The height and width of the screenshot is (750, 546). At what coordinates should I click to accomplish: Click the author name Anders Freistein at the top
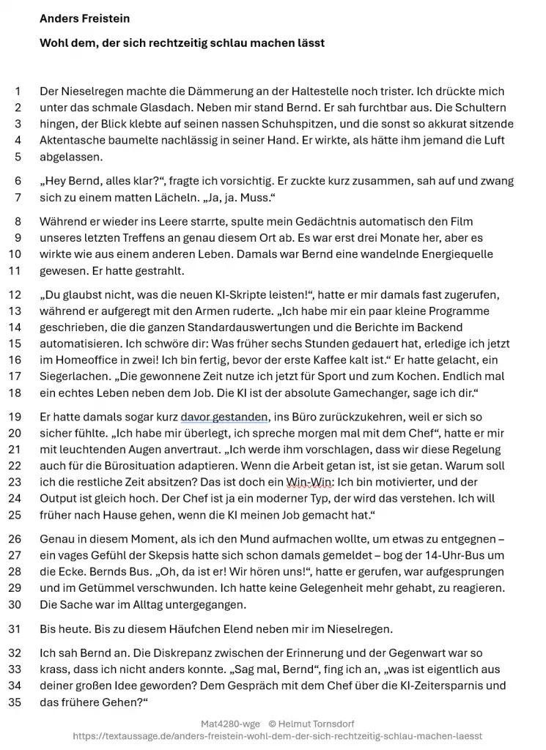tap(84, 18)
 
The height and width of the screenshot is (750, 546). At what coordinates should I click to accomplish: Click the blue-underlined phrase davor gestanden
tap(224, 417)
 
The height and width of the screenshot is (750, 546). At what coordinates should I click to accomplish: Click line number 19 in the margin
tap(15, 417)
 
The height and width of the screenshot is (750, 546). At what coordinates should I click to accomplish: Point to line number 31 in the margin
tap(15, 628)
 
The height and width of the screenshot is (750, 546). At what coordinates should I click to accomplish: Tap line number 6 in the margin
tap(18, 181)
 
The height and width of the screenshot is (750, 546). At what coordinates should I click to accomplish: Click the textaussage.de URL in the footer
tap(278, 736)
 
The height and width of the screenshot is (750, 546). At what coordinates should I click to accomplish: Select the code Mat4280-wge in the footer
tap(230, 724)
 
